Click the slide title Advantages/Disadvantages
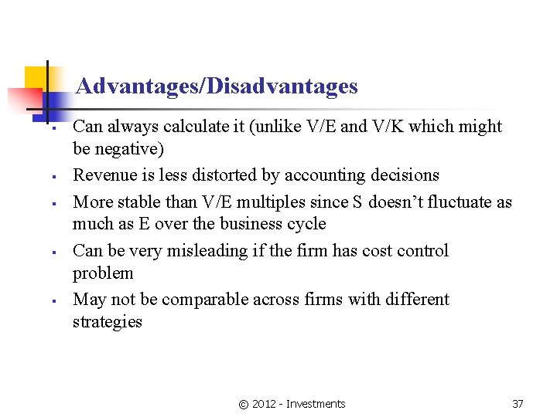point(217,86)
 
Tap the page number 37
point(518,403)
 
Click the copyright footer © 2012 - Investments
point(292,403)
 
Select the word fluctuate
point(454,202)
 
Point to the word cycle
point(306,224)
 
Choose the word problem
point(103,273)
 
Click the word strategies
point(108,321)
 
